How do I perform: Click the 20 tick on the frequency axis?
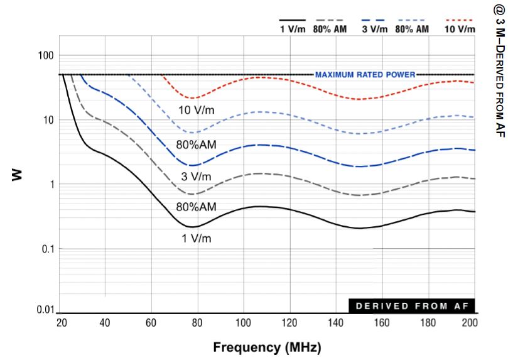tap(60, 323)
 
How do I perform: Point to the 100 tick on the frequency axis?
tap(244, 323)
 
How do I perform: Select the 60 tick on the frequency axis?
tap(151, 323)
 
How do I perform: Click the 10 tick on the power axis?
tap(45, 120)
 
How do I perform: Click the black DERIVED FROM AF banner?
tap(411, 306)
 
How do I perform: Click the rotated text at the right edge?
tap(497, 68)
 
